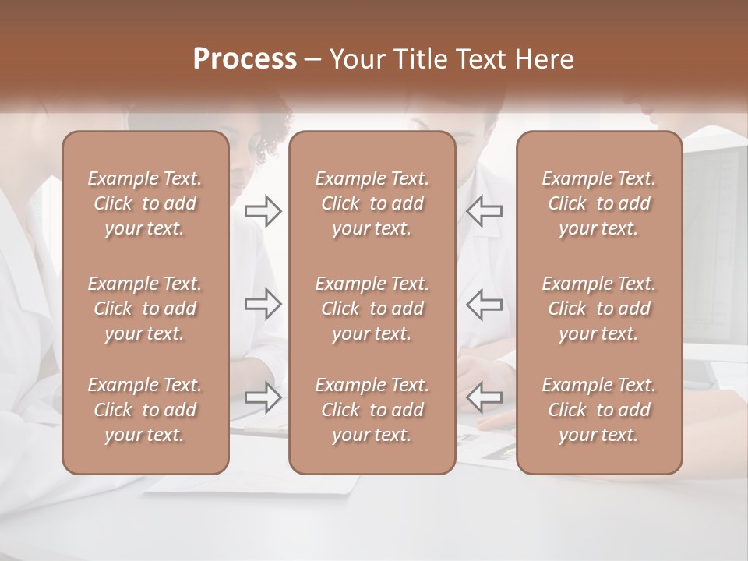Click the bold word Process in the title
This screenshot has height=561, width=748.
[x=245, y=59]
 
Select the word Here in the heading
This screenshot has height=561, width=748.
[x=545, y=59]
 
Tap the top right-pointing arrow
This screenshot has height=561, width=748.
[x=263, y=210]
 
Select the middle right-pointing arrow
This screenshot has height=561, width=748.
[x=263, y=304]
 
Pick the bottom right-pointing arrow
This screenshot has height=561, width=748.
[x=263, y=397]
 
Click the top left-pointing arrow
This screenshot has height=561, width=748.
[x=485, y=210]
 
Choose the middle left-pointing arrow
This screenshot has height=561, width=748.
[x=485, y=304]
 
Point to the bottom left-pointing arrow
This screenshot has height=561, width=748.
[x=485, y=397]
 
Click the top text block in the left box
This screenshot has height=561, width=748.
[x=145, y=203]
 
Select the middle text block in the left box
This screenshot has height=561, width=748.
[x=145, y=309]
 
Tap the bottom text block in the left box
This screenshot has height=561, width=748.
[x=145, y=410]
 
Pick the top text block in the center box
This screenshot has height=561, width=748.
[x=372, y=203]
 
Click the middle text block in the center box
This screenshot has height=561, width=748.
[x=372, y=309]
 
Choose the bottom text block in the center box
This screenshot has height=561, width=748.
[x=372, y=410]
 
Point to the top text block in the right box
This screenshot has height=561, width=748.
[x=598, y=203]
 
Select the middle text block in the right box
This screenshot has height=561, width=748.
[x=598, y=309]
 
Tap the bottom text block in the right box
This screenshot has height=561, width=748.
[x=598, y=410]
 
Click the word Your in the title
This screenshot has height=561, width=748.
[x=358, y=59]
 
